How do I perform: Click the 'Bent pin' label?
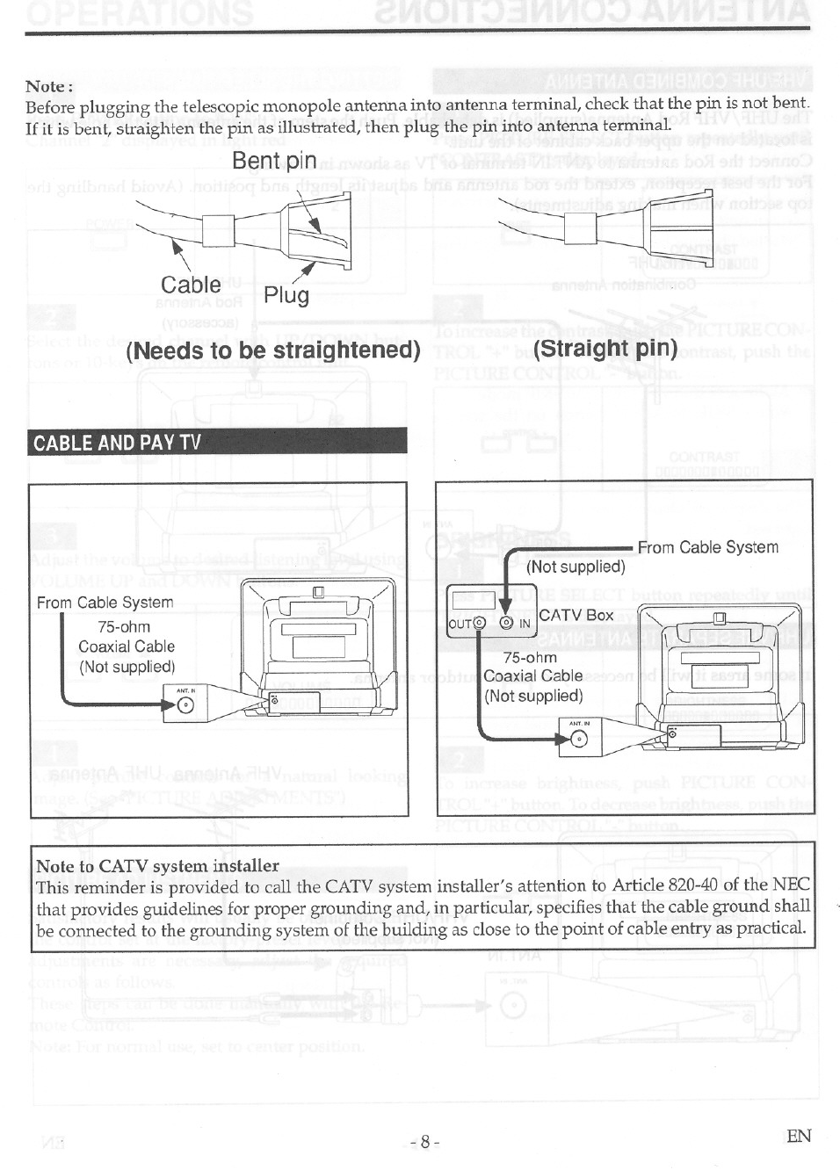[x=274, y=161]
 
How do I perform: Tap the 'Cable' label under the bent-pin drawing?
[x=191, y=285]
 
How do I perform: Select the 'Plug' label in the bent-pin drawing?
[x=286, y=295]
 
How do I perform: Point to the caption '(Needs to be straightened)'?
[x=273, y=350]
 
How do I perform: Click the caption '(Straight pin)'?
[x=605, y=348]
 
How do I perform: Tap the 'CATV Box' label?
[x=576, y=615]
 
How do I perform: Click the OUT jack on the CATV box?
[x=480, y=624]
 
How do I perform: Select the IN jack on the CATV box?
[x=507, y=624]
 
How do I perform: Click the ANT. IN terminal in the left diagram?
[x=185, y=708]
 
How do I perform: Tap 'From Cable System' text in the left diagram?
[x=105, y=603]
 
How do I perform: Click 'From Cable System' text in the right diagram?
[x=707, y=547]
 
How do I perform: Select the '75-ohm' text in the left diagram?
[x=124, y=627]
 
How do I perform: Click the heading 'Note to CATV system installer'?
[x=157, y=866]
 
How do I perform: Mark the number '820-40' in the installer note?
[x=690, y=885]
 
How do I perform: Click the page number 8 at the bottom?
[x=424, y=1142]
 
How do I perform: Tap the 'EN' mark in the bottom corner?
[x=799, y=1137]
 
